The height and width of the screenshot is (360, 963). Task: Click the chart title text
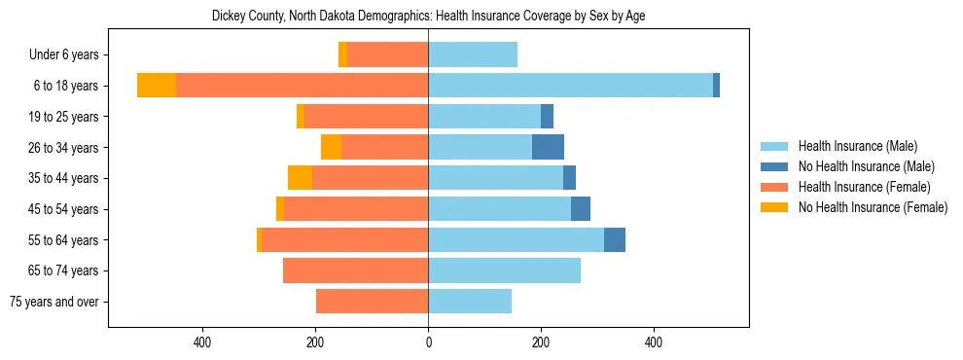(x=428, y=16)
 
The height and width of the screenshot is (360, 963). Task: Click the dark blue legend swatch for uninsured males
(x=774, y=166)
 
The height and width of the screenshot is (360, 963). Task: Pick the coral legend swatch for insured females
(x=774, y=187)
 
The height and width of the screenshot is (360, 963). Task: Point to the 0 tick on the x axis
(x=428, y=342)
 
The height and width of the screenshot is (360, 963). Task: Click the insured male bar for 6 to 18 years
(x=570, y=86)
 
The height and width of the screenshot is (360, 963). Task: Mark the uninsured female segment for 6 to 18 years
(x=157, y=86)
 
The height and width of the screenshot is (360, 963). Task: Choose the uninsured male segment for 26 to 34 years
(x=548, y=147)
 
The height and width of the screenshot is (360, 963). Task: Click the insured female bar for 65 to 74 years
(x=355, y=270)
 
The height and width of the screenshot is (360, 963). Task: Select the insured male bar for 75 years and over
(x=470, y=302)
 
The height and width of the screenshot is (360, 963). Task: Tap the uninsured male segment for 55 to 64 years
(x=614, y=239)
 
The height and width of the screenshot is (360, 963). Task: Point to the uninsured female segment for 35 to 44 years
(x=300, y=178)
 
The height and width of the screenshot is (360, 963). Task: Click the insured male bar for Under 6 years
(x=473, y=54)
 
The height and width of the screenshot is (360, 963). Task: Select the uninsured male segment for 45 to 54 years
(x=580, y=209)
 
